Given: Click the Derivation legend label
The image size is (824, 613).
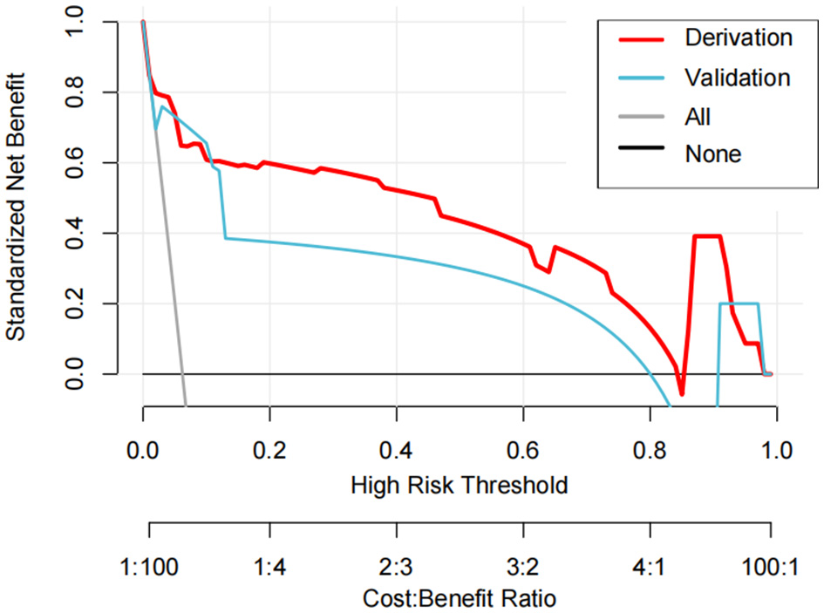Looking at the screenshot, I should point(739,38).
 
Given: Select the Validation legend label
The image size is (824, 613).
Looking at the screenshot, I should point(738,77).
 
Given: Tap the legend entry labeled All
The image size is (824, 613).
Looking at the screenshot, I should point(698,116).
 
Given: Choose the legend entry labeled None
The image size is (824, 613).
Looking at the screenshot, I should point(712,154).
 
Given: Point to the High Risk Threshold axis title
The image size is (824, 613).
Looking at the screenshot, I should point(459,485).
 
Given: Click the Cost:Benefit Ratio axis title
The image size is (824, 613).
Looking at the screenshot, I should point(459,599).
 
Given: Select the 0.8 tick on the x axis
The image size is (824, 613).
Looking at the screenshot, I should point(649,452).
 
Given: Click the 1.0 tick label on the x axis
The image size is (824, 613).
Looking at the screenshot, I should point(775,452).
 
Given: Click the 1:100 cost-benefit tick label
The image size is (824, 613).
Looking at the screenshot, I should point(150,567).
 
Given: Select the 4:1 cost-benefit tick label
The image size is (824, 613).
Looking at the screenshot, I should point(649,567).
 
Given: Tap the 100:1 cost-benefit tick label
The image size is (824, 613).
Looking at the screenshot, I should point(768,567).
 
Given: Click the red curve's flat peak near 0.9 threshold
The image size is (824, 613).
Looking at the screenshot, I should point(707,236).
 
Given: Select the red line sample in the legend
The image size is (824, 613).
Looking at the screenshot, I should point(641,39).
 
